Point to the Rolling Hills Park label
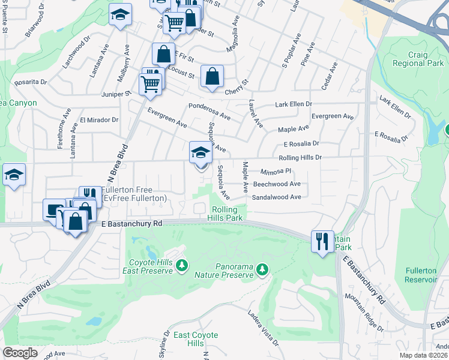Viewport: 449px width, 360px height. [228, 214]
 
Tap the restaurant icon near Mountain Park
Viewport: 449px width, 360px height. [322, 241]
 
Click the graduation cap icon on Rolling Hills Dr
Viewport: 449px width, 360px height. [200, 152]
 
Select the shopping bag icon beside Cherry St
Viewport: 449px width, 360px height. [212, 76]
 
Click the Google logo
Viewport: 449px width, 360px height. [20, 352]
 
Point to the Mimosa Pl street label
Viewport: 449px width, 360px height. [276, 171]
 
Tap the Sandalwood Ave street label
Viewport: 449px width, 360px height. [277, 197]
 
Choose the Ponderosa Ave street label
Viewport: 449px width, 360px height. [209, 111]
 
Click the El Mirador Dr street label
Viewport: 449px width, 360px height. [99, 120]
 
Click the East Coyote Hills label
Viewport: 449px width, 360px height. [196, 339]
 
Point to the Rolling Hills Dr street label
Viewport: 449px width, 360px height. [300, 157]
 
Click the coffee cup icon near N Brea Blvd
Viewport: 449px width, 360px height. [54, 209]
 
